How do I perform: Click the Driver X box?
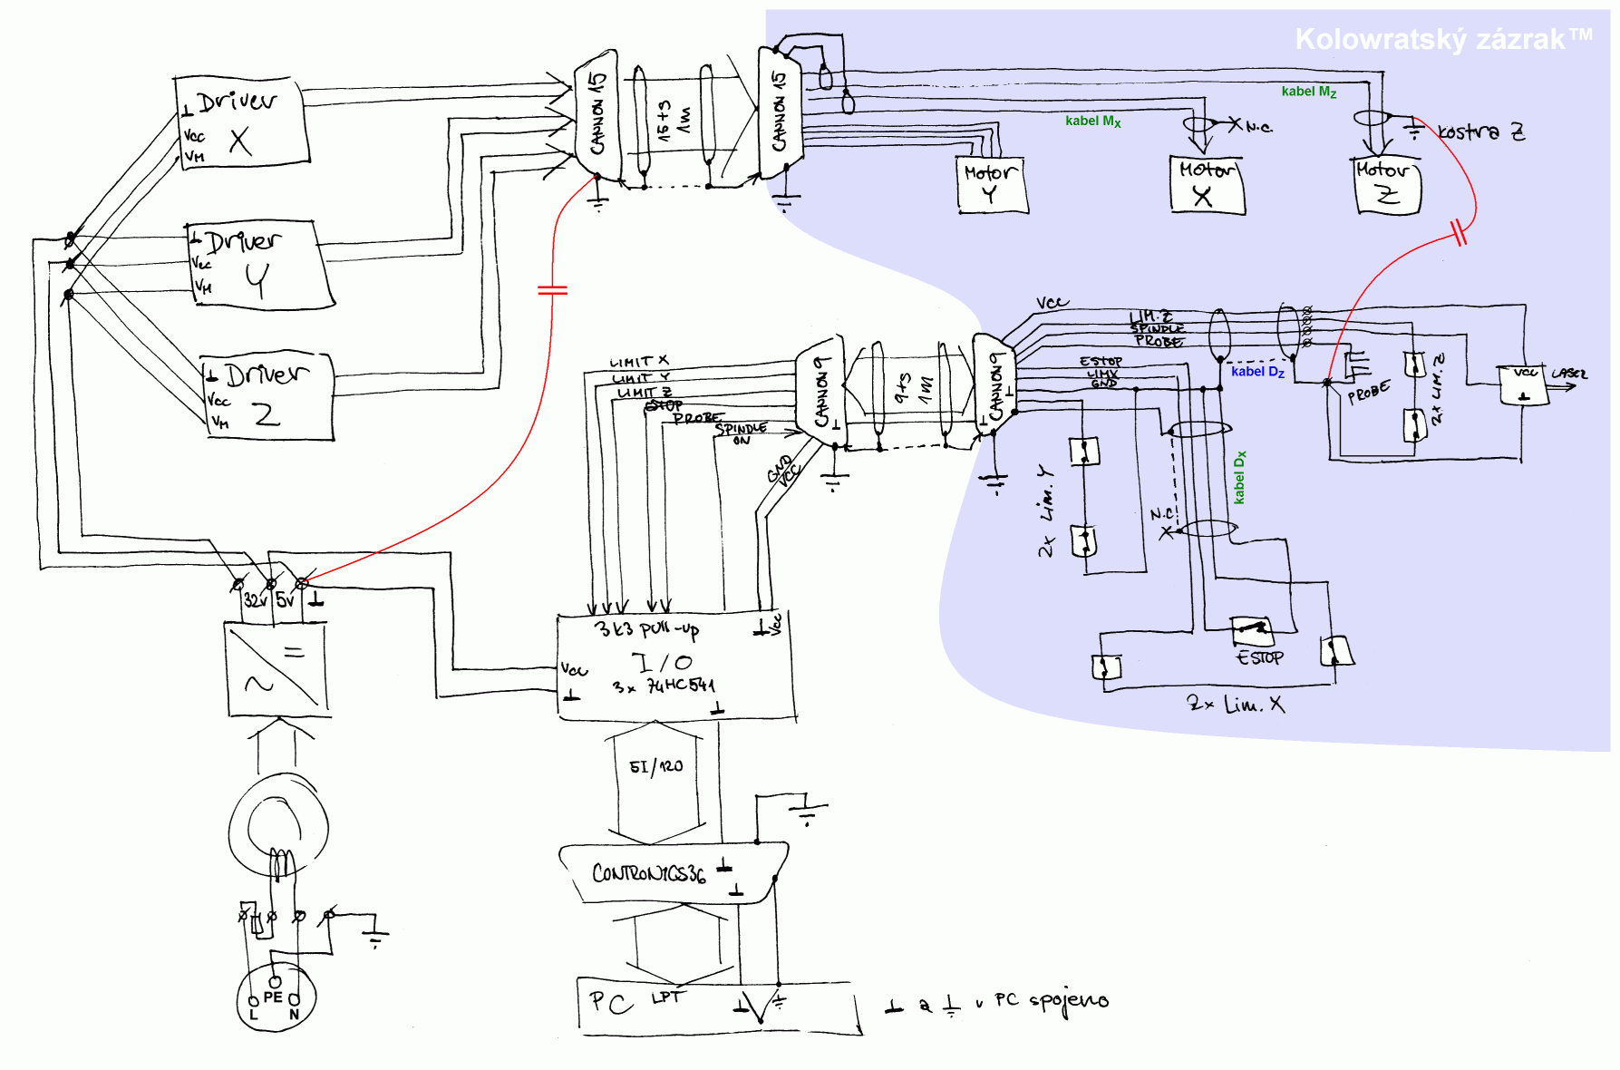[x=241, y=123]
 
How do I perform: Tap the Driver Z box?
[x=267, y=397]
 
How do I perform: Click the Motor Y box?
[x=991, y=184]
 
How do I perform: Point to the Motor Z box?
[x=1387, y=186]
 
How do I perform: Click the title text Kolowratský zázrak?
[x=1441, y=39]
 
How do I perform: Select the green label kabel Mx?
[x=1092, y=121]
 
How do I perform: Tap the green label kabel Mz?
[x=1308, y=92]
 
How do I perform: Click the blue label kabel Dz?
[x=1257, y=372]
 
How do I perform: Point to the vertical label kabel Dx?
[x=1239, y=477]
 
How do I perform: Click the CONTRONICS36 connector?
[x=671, y=872]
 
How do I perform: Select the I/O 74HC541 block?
[x=675, y=668]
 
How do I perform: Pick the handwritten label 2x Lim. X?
[x=1235, y=704]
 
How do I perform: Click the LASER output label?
[x=1568, y=374]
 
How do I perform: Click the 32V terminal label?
[x=255, y=599]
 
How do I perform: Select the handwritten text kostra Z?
[x=1481, y=132]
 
